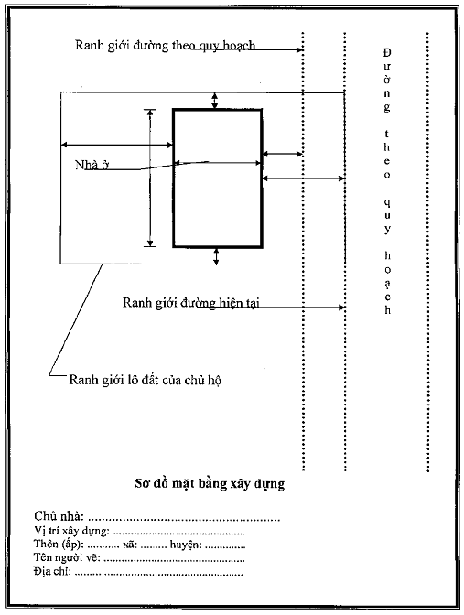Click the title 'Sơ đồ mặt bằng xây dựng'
click(x=210, y=483)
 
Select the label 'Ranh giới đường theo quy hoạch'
click(x=165, y=46)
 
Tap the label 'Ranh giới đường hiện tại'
click(x=191, y=302)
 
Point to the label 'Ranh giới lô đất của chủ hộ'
click(x=145, y=380)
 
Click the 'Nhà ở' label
click(x=92, y=165)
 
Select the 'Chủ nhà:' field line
click(x=156, y=516)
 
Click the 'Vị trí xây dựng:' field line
click(x=139, y=531)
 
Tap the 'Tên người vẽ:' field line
click(x=139, y=557)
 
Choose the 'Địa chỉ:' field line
click(x=138, y=572)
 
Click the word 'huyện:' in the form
click(x=186, y=545)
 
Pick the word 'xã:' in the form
click(x=130, y=545)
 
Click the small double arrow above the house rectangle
click(x=214, y=101)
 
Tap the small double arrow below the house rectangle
click(x=216, y=256)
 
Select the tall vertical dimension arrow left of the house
click(x=150, y=178)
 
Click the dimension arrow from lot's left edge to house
click(x=117, y=146)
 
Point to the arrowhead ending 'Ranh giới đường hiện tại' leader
click(x=341, y=307)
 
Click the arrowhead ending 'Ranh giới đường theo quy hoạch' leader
click(x=300, y=49)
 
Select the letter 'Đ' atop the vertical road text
click(x=387, y=52)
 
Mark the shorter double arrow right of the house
click(x=283, y=154)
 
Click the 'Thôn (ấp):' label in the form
click(x=59, y=545)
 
